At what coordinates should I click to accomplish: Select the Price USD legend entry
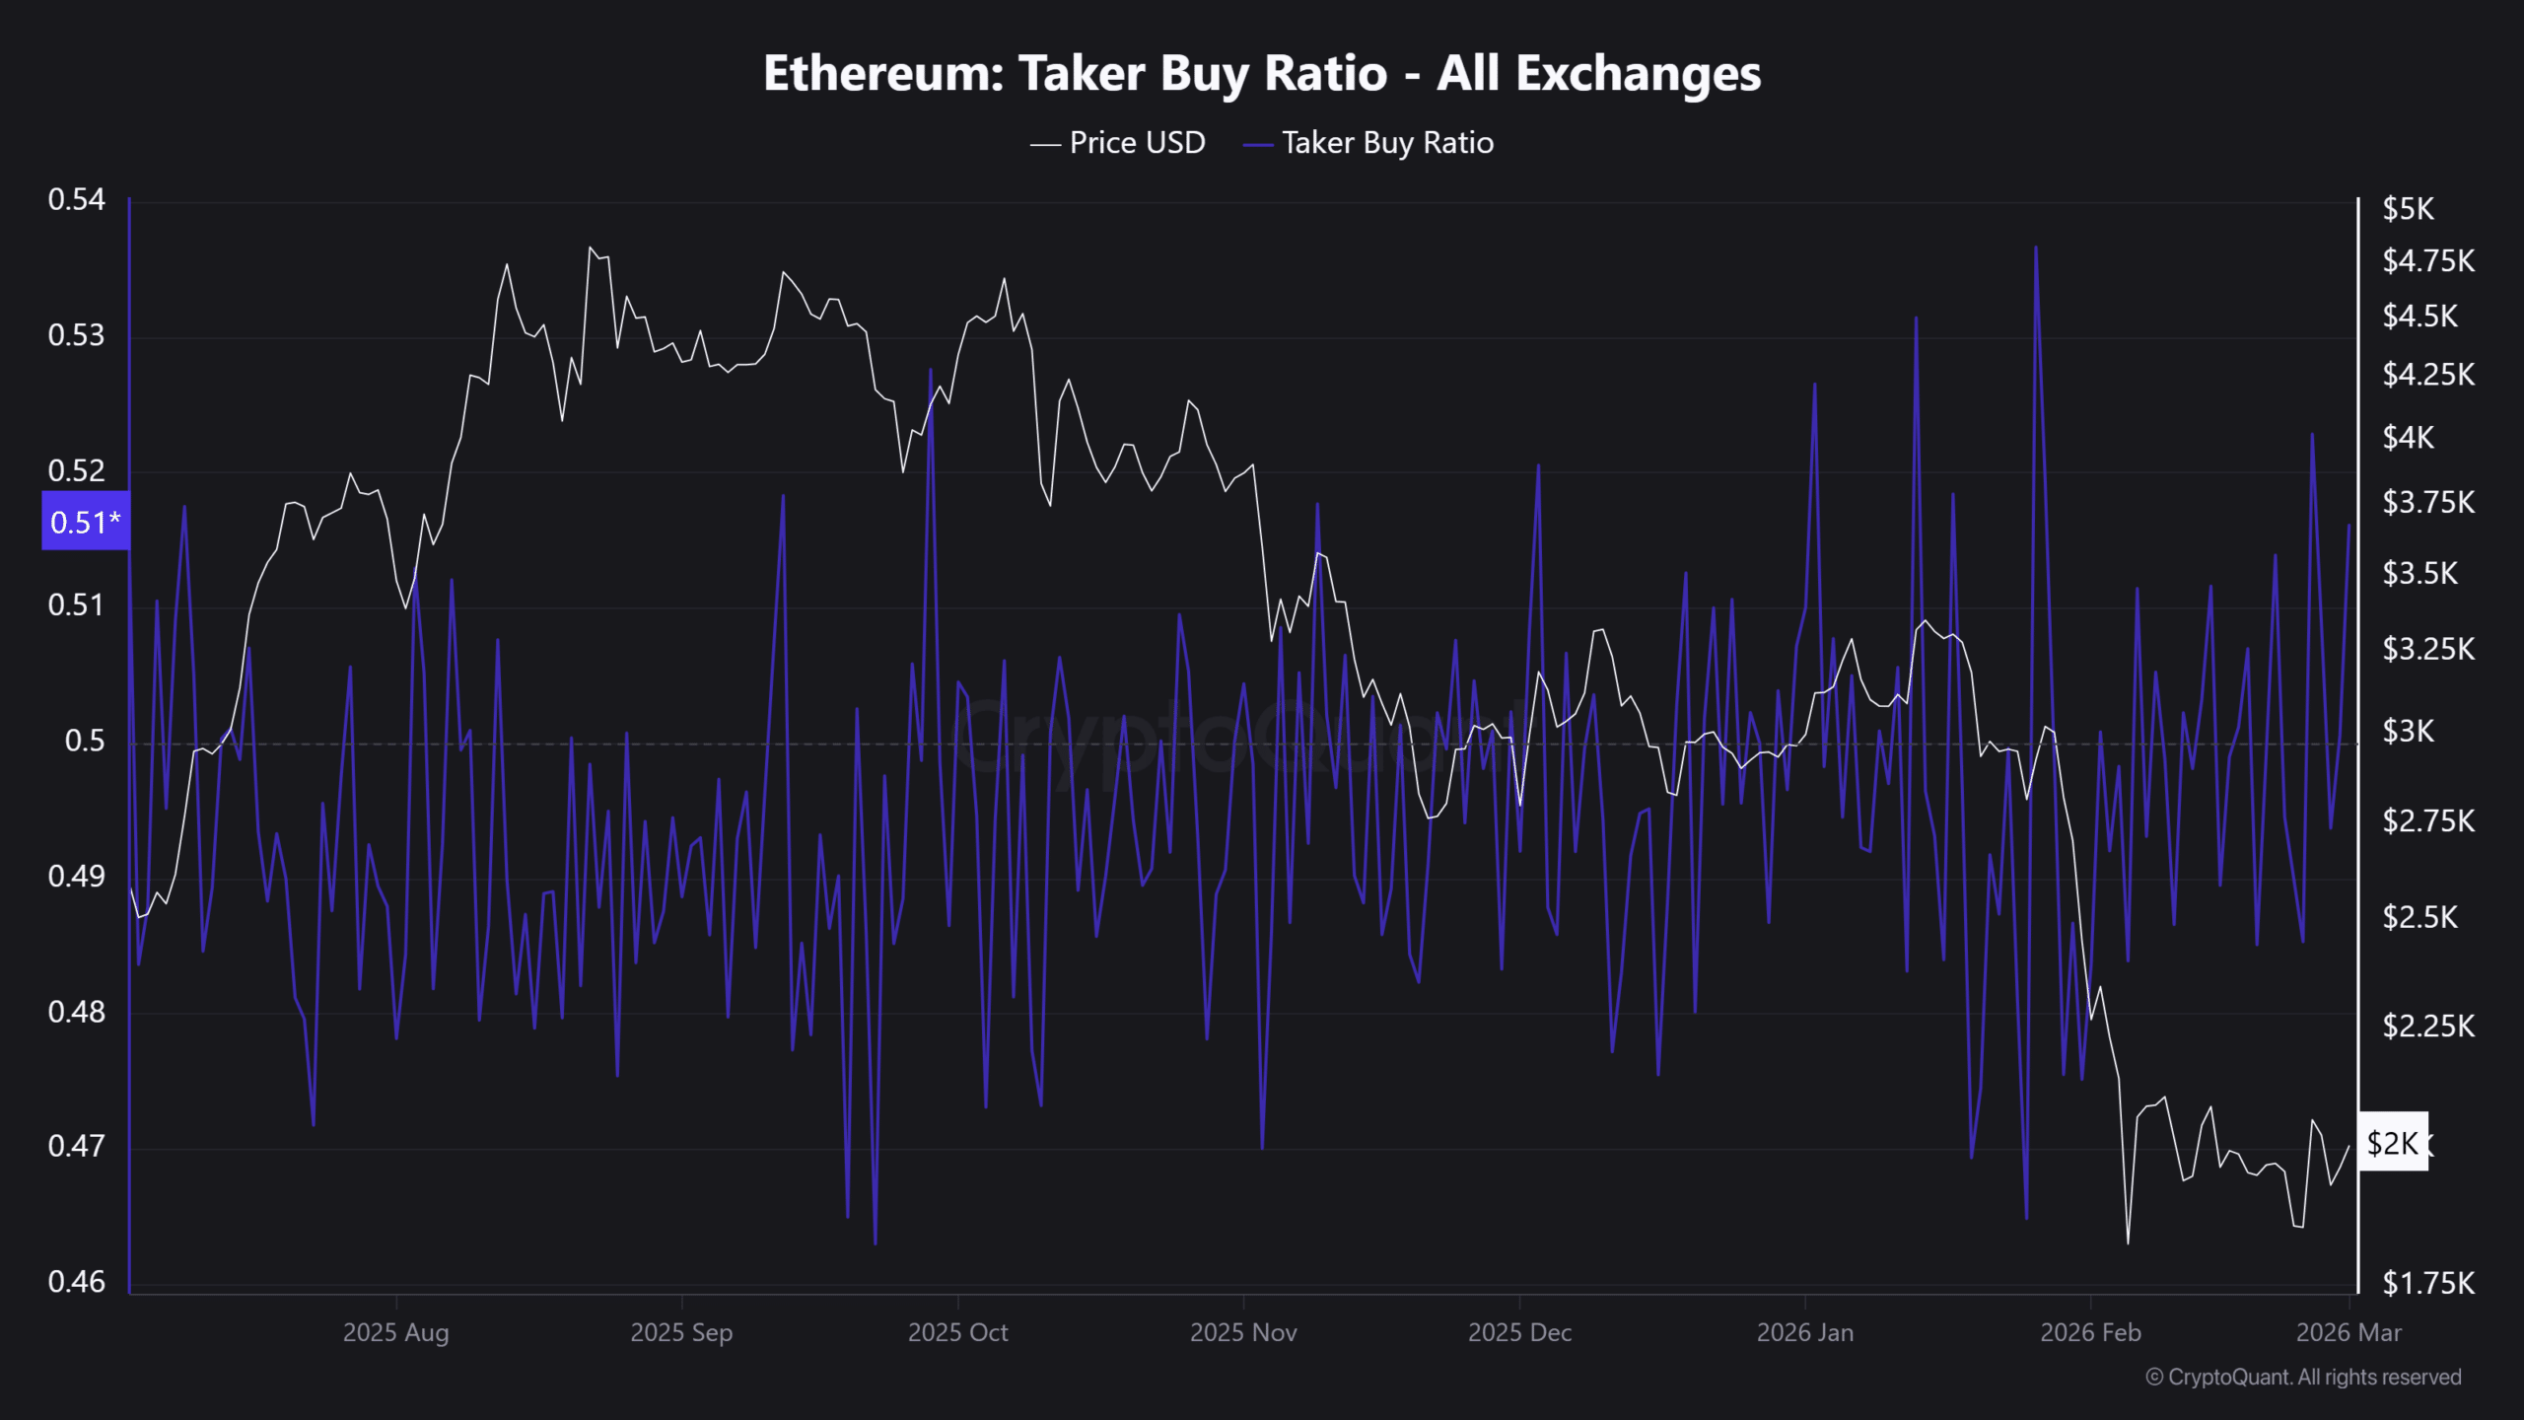(x=1136, y=143)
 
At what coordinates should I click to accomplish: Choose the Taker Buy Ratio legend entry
(x=1386, y=143)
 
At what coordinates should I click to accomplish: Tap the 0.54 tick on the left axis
(x=76, y=200)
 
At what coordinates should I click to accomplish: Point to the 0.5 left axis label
(x=84, y=741)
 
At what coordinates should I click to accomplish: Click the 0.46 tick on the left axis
(x=76, y=1281)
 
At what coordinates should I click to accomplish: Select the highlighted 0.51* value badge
(x=85, y=521)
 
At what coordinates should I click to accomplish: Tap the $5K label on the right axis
(x=2408, y=209)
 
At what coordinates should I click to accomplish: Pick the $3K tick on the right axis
(x=2408, y=732)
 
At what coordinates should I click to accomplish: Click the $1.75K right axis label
(x=2427, y=1283)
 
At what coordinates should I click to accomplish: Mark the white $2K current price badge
(x=2392, y=1143)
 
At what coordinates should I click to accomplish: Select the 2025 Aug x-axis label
(x=395, y=1333)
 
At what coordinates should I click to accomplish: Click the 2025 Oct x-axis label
(x=957, y=1333)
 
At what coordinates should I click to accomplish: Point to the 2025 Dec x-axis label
(x=1519, y=1333)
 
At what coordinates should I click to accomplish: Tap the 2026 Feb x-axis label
(x=2090, y=1333)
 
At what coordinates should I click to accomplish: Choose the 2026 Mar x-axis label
(x=2349, y=1333)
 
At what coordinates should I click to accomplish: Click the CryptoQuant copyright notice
(x=2303, y=1378)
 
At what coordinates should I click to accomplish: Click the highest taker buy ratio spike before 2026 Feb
(x=2036, y=248)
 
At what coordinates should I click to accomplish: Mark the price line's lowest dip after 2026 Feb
(x=2128, y=1242)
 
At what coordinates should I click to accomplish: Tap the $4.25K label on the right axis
(x=2427, y=375)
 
